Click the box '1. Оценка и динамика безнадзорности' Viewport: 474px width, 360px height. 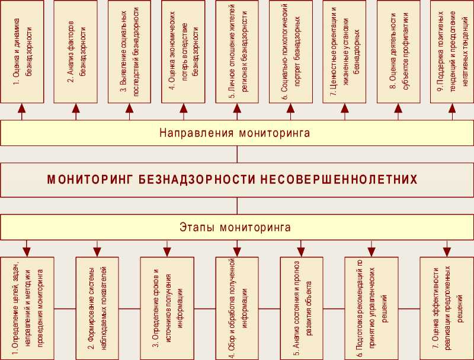pos(23,52)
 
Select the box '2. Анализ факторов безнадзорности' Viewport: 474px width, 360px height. pos(76,52)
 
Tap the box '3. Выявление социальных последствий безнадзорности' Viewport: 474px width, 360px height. pos(130,52)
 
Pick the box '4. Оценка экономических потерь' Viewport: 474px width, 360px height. pos(183,52)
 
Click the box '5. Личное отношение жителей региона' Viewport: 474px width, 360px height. pos(237,52)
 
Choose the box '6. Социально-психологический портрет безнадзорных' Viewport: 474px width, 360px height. pos(290,52)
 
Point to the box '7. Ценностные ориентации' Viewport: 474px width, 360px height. pos(344,52)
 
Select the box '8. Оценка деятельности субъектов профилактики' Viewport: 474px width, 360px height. pos(398,52)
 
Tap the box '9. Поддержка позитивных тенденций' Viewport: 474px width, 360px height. pos(451,52)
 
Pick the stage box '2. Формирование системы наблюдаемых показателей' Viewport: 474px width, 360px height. pos(97,308)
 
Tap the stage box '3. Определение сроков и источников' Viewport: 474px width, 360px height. pos(162,308)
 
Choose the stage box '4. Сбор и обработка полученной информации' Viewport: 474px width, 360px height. pos(237,308)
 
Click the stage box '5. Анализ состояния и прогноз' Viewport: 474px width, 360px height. pos(302,308)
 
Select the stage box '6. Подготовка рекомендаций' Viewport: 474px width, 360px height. pos(366,308)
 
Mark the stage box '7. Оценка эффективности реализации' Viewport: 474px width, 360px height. pos(441,308)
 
